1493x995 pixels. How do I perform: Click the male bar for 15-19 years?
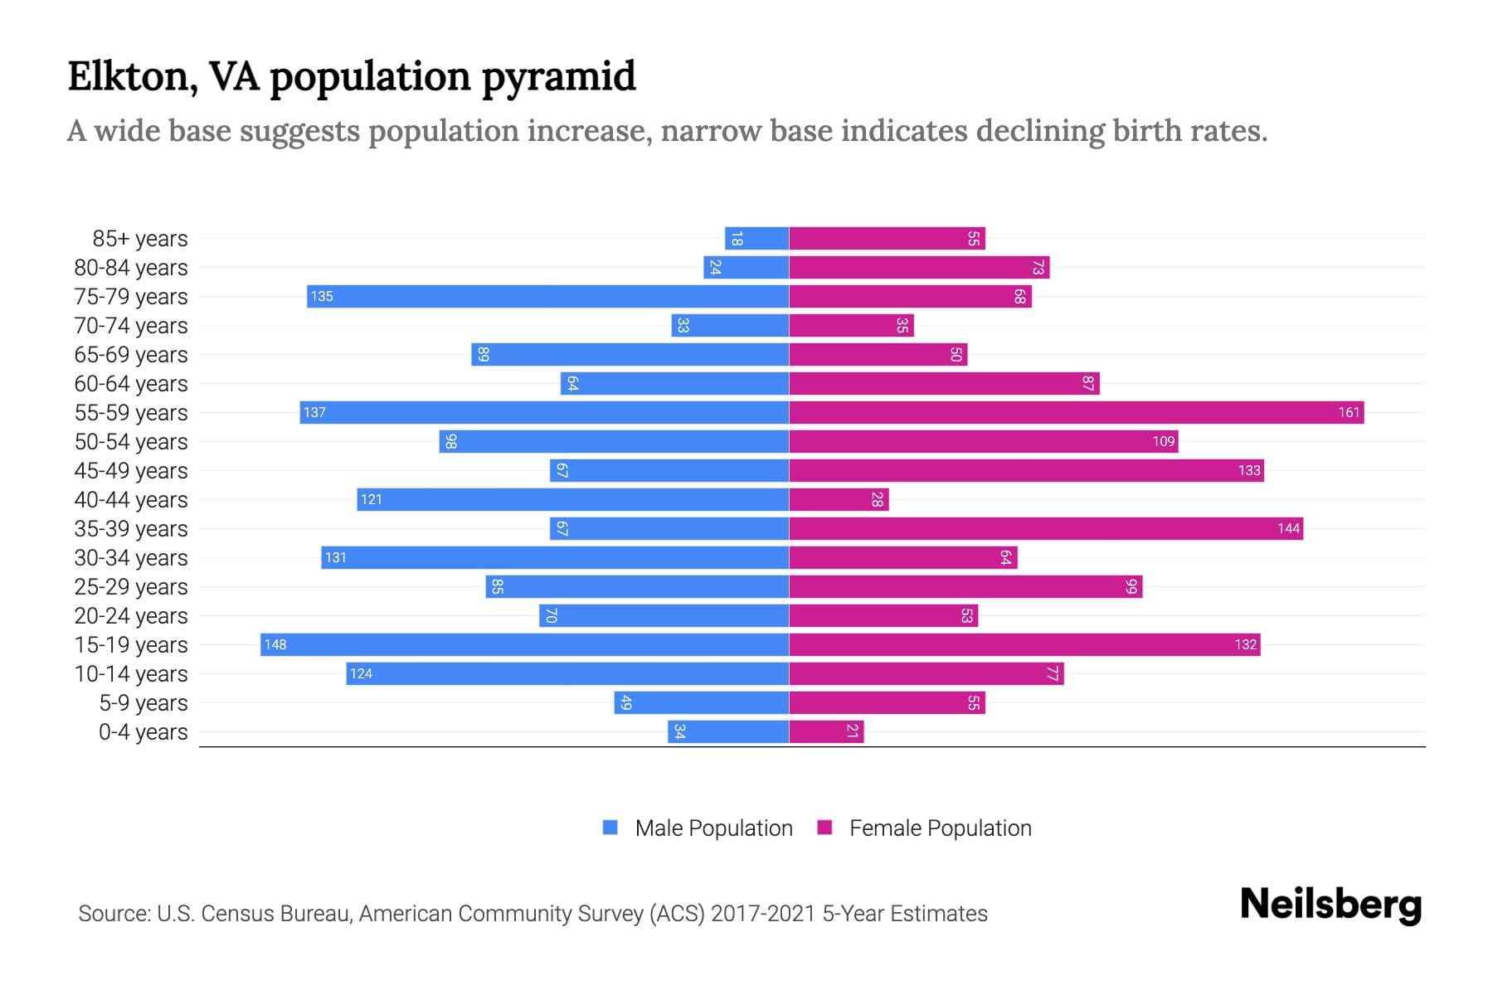[x=524, y=644]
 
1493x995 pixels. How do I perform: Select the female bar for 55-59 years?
[x=1076, y=412]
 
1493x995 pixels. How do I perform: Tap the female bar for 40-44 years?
[x=839, y=499]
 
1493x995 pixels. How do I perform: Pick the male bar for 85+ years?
[x=756, y=239]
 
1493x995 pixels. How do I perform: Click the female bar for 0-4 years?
[x=826, y=731]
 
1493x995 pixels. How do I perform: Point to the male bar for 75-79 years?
[x=547, y=296]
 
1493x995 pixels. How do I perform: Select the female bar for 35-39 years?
[x=1045, y=528]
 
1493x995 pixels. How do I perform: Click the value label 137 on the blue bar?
[x=314, y=412]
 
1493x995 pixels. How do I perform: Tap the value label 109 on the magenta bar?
[x=1163, y=441]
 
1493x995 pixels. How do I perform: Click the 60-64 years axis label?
[x=131, y=384]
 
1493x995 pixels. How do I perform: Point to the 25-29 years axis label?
[x=131, y=587]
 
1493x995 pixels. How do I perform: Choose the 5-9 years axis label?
[x=143, y=703]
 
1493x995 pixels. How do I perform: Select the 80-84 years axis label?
[x=131, y=268]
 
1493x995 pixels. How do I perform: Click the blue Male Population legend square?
[x=610, y=828]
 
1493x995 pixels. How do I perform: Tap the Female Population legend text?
[x=940, y=828]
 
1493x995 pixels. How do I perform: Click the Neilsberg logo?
[x=1330, y=905]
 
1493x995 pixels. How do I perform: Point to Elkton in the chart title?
[x=132, y=77]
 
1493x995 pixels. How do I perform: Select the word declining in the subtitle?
[x=1040, y=131]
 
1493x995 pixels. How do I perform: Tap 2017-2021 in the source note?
[x=763, y=914]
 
